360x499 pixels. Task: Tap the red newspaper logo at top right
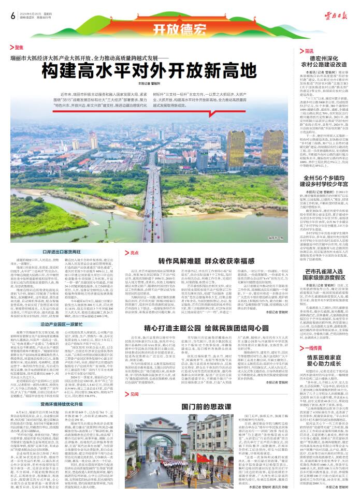(339, 16)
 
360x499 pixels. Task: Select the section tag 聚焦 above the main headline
(19, 47)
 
